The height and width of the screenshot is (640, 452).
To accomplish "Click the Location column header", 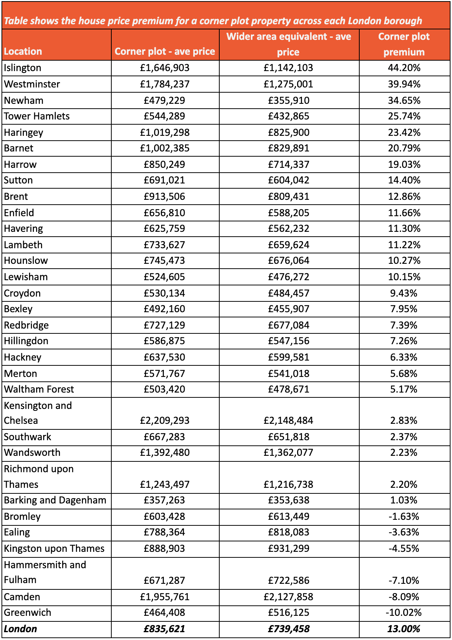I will tap(23, 51).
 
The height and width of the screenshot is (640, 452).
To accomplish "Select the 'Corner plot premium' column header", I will tap(404, 44).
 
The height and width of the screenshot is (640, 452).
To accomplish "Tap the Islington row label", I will tap(23, 68).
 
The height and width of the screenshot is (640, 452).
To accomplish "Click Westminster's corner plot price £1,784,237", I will tap(165, 84).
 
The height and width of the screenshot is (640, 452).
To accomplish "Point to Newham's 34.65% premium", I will tap(404, 100).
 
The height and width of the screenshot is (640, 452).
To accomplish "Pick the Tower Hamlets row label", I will tap(37, 116).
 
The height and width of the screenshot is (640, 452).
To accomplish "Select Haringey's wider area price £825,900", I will tap(289, 132).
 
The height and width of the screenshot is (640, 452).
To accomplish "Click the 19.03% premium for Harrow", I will tap(404, 164).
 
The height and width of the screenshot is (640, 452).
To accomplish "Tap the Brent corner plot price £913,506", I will tap(165, 196).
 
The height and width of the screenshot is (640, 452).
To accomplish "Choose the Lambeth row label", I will tap(23, 245).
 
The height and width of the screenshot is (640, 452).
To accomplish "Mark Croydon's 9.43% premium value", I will tap(404, 293).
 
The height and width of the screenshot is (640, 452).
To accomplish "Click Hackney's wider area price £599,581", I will tap(289, 357).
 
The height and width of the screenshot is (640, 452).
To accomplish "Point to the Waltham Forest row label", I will tap(39, 389).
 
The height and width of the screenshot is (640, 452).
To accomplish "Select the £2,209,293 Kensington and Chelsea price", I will tap(165, 420).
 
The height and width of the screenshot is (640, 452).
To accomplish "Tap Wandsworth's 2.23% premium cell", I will tap(404, 452).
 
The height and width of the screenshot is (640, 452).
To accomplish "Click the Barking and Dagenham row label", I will tap(55, 500).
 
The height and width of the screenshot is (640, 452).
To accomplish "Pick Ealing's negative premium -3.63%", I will tap(404, 532).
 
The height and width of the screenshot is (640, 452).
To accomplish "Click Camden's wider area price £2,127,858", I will tap(289, 597).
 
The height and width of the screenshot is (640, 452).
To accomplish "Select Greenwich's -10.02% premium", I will tap(404, 612).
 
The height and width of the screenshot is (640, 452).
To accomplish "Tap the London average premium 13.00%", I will tap(404, 629).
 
